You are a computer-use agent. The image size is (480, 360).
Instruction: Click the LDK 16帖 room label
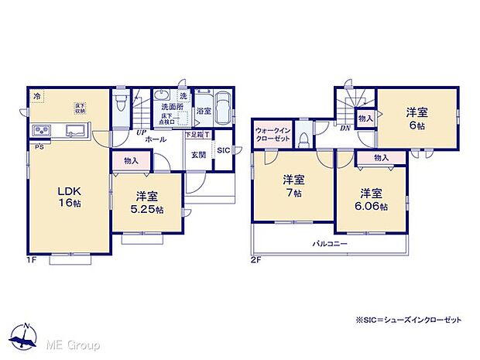tap(68, 196)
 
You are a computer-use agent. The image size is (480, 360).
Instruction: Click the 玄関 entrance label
tap(198, 154)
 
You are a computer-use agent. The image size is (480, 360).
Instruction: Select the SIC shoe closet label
tap(221, 150)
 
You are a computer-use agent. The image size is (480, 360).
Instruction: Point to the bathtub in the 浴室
tap(221, 108)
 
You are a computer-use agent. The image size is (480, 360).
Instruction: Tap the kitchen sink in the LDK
tap(76, 130)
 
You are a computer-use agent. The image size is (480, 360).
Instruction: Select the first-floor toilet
tap(120, 105)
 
